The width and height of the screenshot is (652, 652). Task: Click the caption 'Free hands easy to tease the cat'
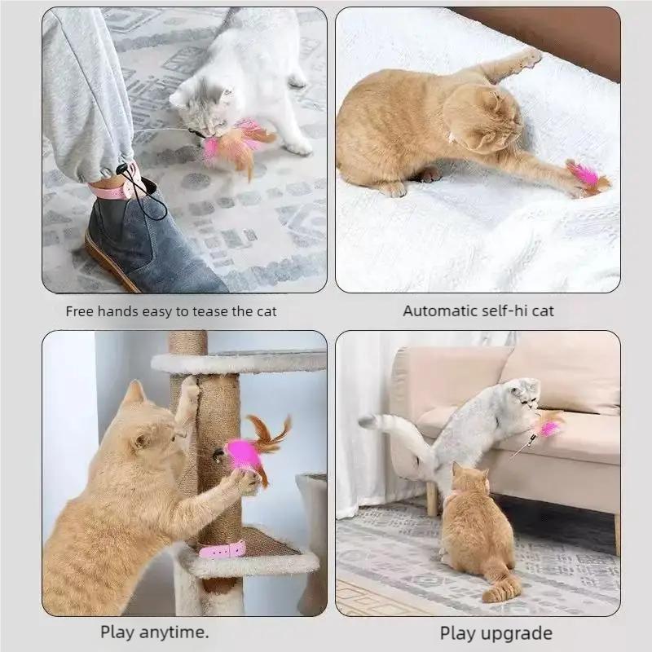pyautogui.click(x=171, y=311)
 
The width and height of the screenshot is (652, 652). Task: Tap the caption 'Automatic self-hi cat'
pyautogui.click(x=478, y=311)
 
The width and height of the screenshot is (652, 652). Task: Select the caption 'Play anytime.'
pyautogui.click(x=154, y=632)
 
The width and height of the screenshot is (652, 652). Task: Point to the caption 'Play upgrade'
pyautogui.click(x=496, y=633)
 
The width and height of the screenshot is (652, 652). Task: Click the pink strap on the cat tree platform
pyautogui.click(x=222, y=550)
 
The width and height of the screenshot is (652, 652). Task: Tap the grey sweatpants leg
pyautogui.click(x=81, y=90)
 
